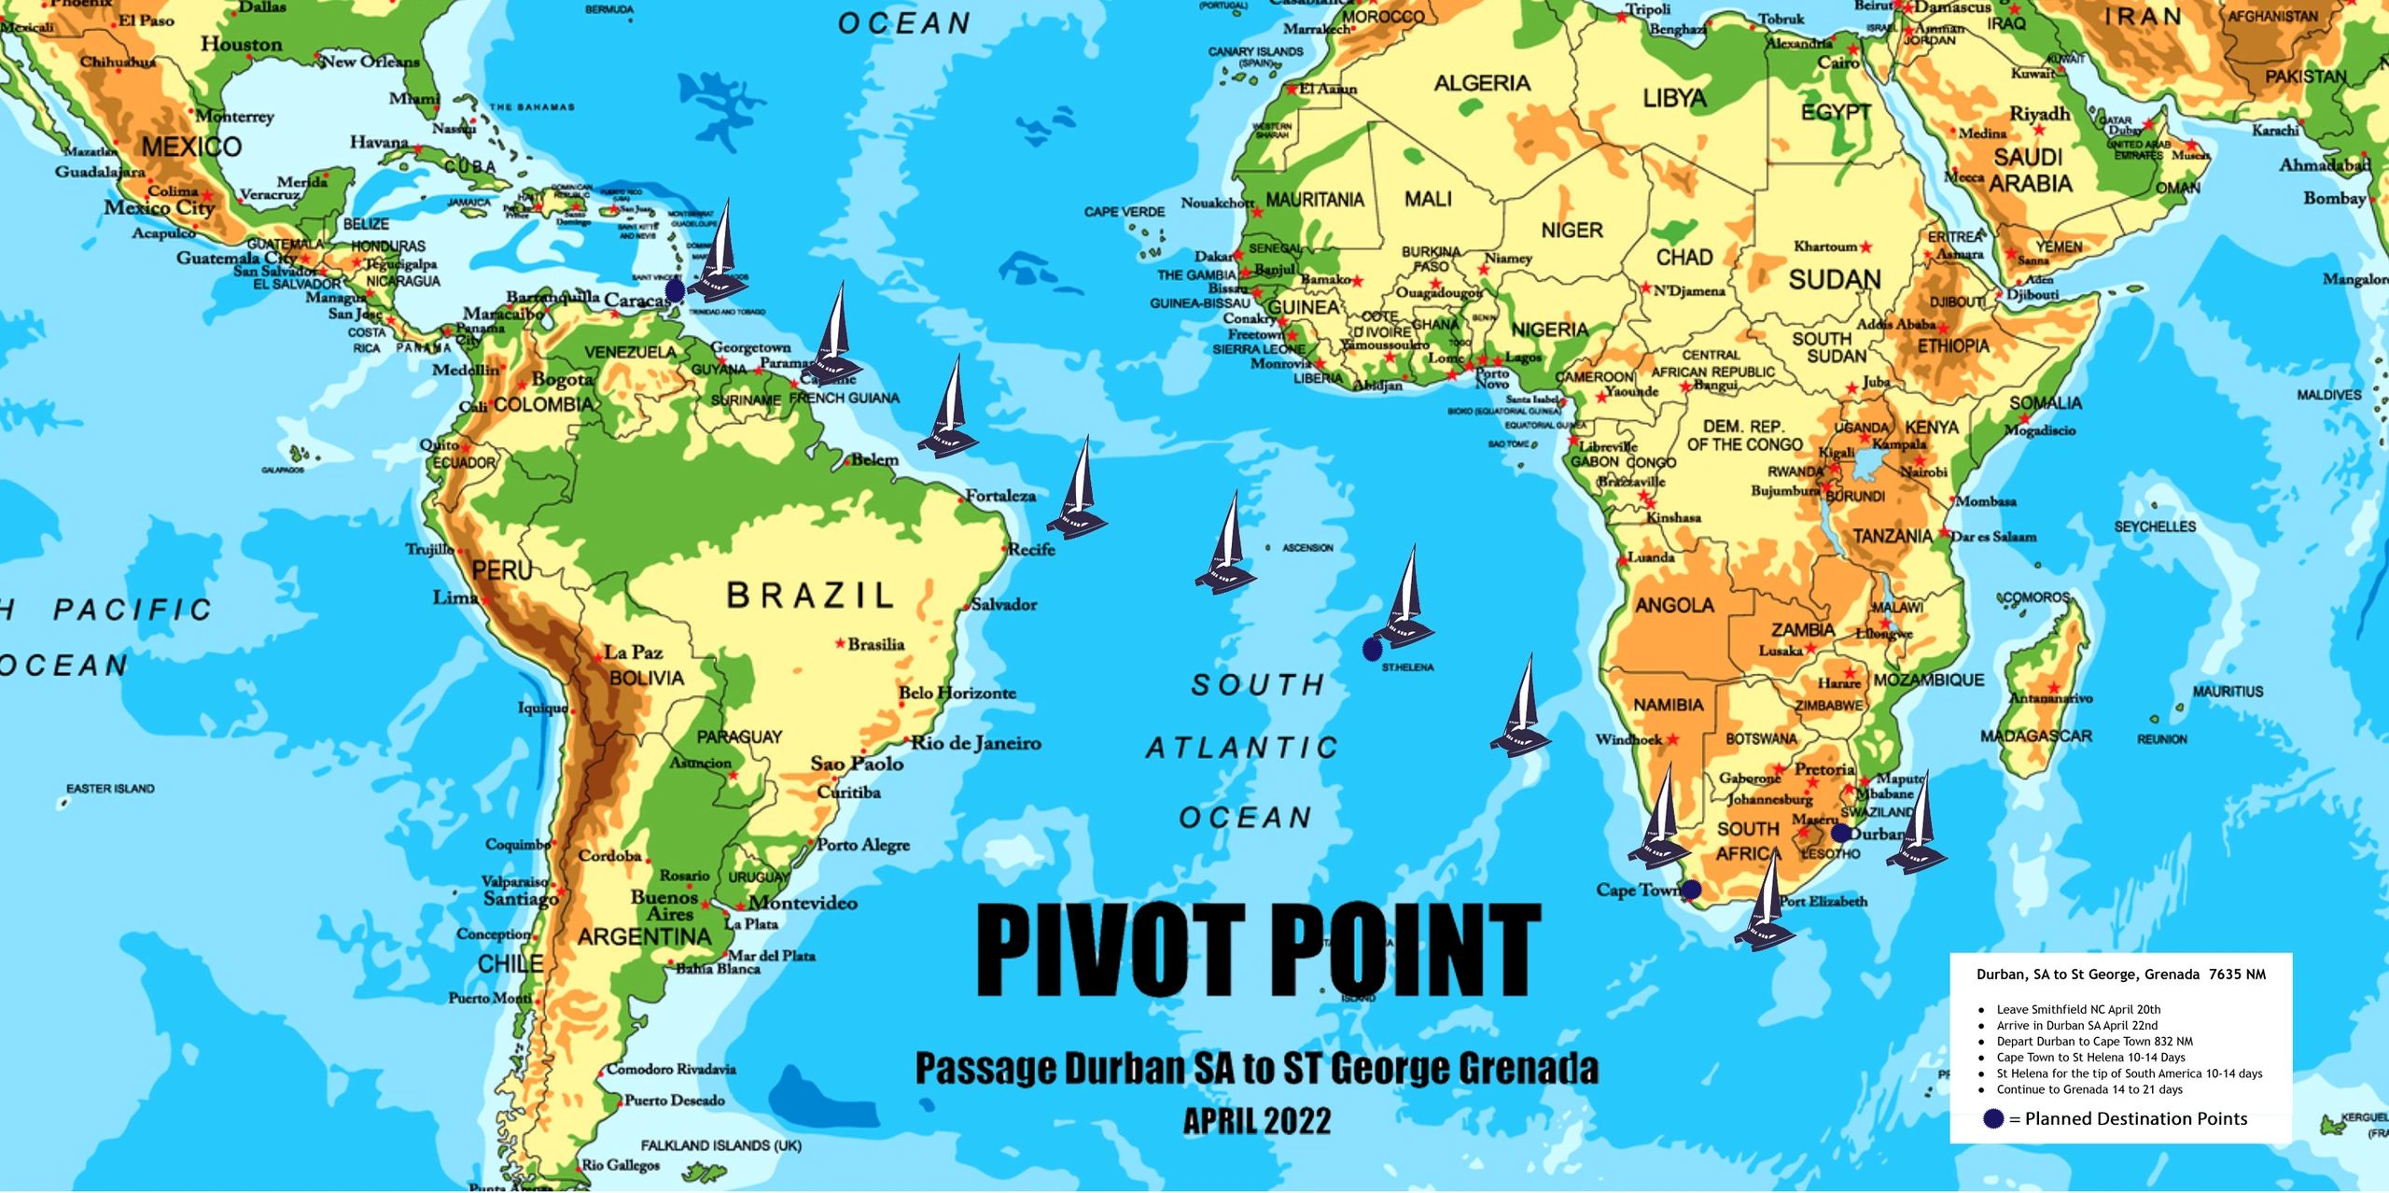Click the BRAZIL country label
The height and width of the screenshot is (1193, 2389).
pos(810,595)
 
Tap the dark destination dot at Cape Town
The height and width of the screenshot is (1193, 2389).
pos(1690,891)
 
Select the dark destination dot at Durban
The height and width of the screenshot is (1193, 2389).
pos(1840,833)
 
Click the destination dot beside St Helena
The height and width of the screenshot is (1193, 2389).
pos(1372,649)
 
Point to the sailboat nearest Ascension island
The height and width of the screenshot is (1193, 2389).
pos(1226,546)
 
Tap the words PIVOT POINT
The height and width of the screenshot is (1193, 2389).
pos(1258,950)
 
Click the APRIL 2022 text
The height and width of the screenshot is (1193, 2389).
pos(1257,1121)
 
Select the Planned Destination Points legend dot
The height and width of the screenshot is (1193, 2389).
pos(1993,1118)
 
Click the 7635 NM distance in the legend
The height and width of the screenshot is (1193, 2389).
pos(2237,975)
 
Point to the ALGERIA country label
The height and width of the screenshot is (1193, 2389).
pos(1482,84)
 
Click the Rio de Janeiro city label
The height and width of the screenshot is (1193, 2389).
pos(976,743)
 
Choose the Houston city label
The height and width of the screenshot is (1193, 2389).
pos(241,45)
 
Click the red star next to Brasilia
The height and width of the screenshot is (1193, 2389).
pos(840,643)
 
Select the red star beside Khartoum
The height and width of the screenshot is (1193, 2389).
pos(1865,247)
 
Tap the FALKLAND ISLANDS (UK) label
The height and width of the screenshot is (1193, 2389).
pos(720,1145)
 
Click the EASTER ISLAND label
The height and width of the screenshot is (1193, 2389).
pos(110,789)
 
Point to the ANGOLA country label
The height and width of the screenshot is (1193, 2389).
pos(1674,606)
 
